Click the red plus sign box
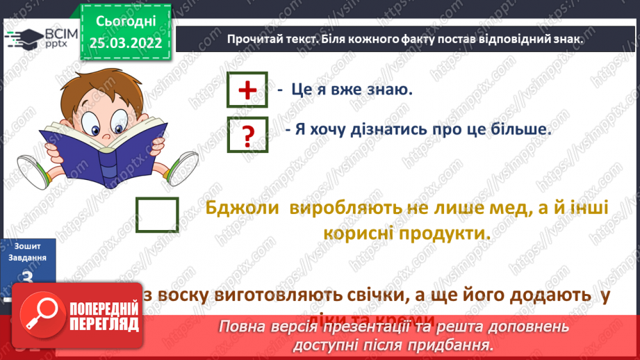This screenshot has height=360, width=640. tap(247, 90)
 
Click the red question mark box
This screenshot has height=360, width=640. tap(247, 135)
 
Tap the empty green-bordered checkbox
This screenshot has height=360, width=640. tap(157, 215)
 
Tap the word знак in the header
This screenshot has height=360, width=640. tap(566, 40)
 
